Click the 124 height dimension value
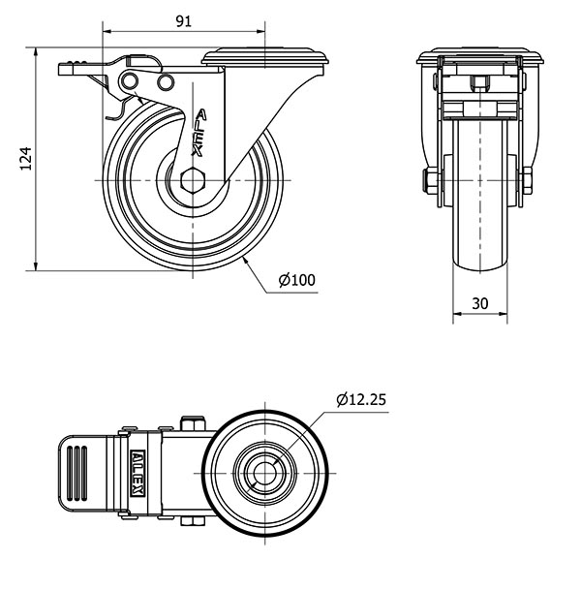(26, 158)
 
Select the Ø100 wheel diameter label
(296, 280)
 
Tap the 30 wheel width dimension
(479, 302)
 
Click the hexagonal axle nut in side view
(192, 180)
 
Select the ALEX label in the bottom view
(138, 476)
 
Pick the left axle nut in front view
(427, 180)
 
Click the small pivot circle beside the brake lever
(165, 79)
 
